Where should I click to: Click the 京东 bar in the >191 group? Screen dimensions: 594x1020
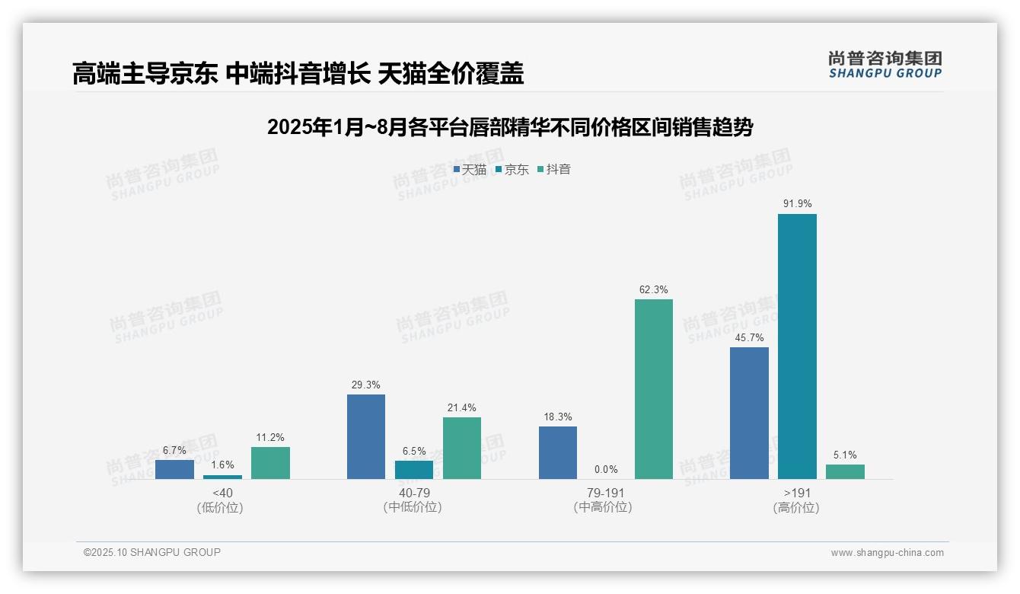797,346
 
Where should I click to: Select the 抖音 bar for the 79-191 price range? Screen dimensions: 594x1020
654,389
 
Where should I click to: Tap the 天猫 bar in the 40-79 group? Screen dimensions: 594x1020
366,436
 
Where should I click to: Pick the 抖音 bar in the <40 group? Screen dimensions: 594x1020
270,463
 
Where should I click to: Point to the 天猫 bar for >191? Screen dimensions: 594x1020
749,413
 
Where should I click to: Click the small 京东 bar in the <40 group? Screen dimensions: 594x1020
222,477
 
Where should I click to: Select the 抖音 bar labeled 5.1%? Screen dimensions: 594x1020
845,471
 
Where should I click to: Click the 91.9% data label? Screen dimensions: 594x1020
797,204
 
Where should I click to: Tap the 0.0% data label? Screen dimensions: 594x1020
606,470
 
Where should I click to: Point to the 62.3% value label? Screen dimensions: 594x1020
654,289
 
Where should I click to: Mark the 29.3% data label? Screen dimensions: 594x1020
366,385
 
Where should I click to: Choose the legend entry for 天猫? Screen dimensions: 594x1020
470,170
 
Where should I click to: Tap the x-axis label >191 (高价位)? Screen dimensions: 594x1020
796,500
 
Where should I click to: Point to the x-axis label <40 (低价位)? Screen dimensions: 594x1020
222,500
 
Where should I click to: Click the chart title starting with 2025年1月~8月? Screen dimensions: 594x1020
510,127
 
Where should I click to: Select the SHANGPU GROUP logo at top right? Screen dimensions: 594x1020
885,65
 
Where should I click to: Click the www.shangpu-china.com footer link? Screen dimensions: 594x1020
887,553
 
